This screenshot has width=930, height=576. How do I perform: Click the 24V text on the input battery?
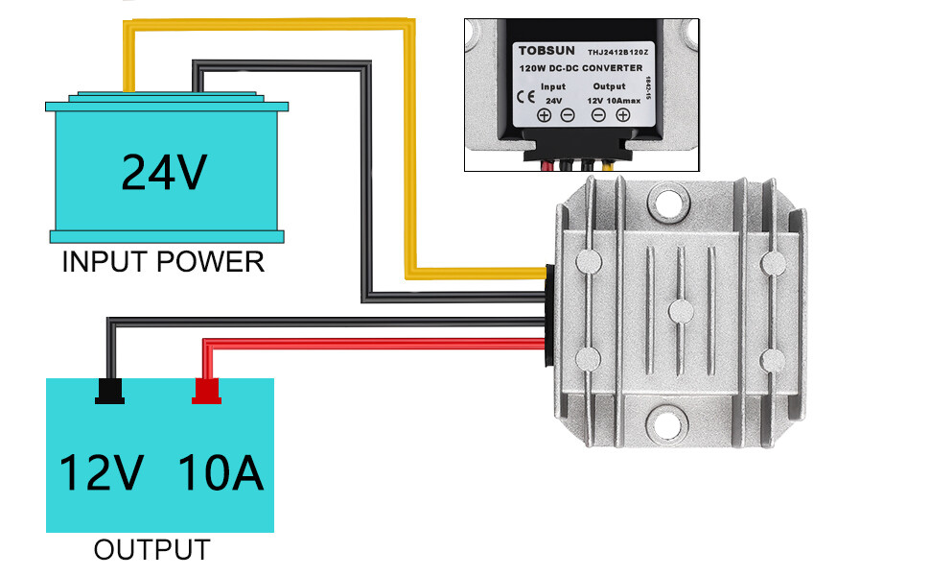point(164,172)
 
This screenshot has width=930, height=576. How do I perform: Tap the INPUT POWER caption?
point(163,261)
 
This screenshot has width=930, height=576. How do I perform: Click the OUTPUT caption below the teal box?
point(151,550)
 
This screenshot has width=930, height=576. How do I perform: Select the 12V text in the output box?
point(102,473)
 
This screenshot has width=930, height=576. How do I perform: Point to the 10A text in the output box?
point(220,473)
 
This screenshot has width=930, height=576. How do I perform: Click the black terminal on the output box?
point(109,391)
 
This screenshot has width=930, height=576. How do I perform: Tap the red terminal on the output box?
point(206,391)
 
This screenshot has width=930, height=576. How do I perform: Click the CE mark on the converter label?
point(525,96)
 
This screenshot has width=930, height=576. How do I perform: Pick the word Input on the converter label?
point(553,85)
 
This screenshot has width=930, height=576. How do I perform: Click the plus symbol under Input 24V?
point(544,116)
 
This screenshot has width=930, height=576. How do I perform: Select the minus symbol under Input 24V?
point(567,116)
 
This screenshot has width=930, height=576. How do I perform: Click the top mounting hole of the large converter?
point(667,204)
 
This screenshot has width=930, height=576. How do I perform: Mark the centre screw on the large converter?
point(681,310)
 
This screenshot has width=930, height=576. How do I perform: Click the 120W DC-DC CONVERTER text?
point(580,68)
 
